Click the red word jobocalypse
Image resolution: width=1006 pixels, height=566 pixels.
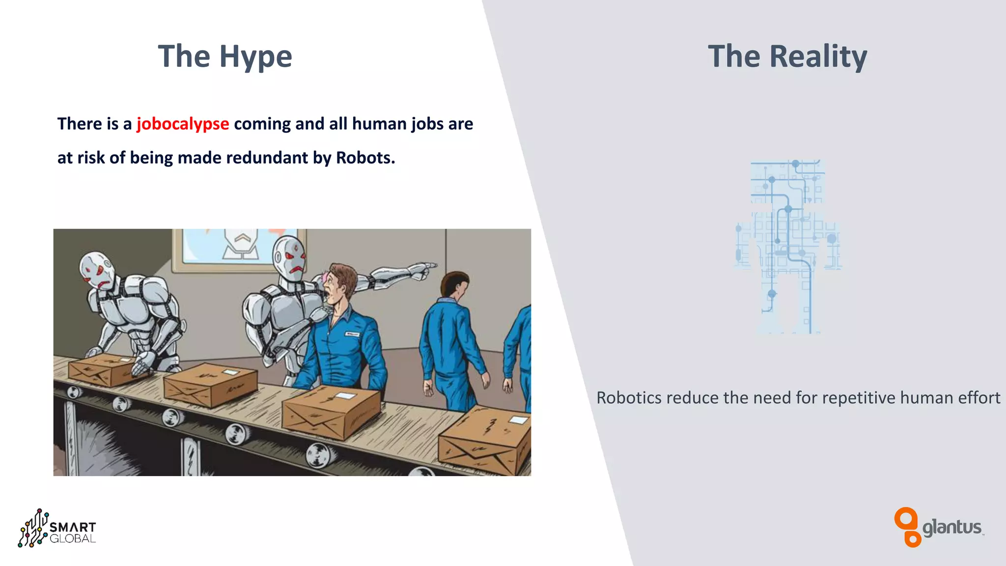pos(183,124)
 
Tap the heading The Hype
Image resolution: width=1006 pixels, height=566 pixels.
pos(225,56)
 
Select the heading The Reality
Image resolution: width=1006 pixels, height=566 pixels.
pos(787,56)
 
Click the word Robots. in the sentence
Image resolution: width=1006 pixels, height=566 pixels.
pos(365,158)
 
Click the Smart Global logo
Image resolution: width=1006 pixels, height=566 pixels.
pos(57,529)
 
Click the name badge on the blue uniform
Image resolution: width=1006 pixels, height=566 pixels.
pos(352,334)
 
